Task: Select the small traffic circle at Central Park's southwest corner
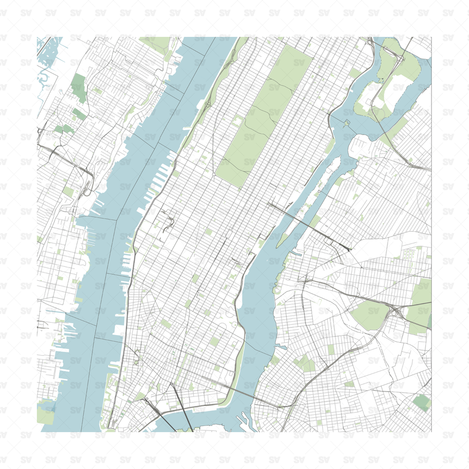(214, 175)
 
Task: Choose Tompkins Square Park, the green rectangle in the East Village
(215, 342)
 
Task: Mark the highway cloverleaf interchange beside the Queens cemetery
(397, 313)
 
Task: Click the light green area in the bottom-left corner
(46, 413)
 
